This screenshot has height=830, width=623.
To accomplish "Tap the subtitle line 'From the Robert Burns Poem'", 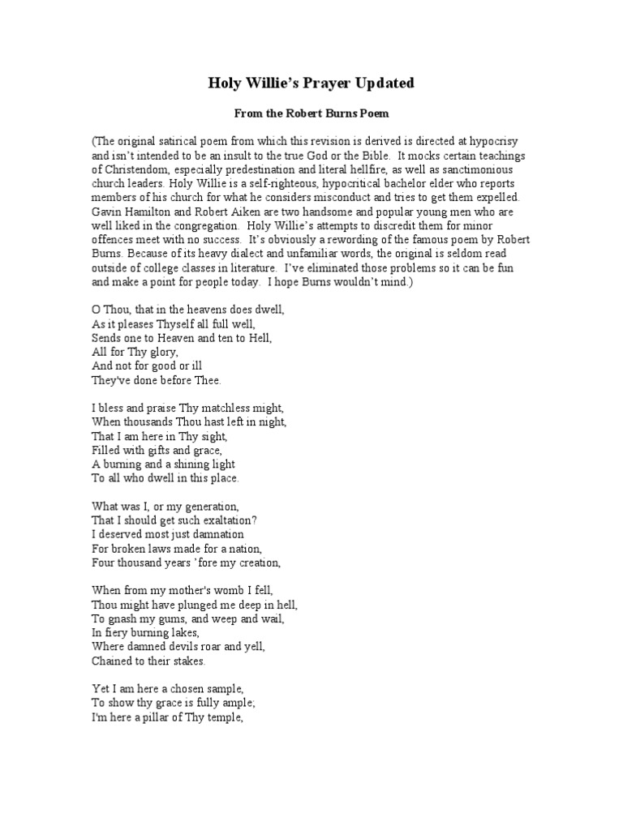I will (311, 115).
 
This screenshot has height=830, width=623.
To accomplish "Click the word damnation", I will (212, 534).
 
